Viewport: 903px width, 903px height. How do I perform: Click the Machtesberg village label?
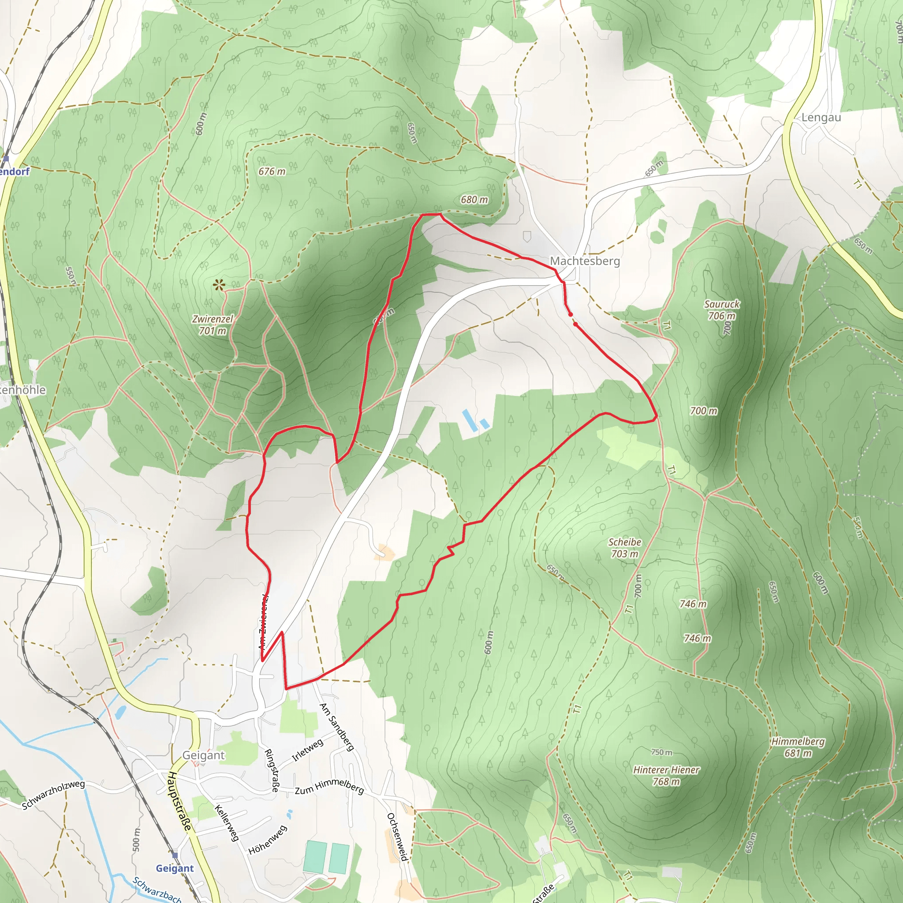tap(585, 261)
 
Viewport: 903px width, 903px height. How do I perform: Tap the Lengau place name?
tap(821, 118)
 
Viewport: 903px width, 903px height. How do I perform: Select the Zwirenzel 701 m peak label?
tap(213, 325)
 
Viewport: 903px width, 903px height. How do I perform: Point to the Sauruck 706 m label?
tap(722, 310)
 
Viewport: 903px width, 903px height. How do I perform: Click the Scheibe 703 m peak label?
tap(624, 548)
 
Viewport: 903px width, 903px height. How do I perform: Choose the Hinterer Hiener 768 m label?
tap(666, 776)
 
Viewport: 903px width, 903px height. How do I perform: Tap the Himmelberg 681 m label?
tap(798, 747)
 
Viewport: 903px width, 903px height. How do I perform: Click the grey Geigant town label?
tap(203, 755)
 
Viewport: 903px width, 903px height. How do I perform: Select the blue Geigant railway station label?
tap(175, 869)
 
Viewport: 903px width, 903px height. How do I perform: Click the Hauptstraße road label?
tap(180, 801)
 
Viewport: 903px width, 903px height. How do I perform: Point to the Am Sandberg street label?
tap(336, 727)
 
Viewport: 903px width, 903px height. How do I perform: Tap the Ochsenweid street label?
tap(397, 836)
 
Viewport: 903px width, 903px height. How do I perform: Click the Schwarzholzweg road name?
tap(53, 795)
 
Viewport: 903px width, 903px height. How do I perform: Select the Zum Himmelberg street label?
tap(329, 787)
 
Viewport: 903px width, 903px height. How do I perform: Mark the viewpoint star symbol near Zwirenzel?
tap(219, 285)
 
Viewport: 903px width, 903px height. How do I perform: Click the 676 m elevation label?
tap(272, 172)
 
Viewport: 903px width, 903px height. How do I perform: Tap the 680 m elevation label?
tap(474, 200)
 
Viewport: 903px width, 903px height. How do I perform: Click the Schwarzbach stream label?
tap(157, 889)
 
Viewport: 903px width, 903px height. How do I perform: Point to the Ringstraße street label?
tap(271, 770)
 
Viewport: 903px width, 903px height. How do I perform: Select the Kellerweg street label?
tap(227, 823)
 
